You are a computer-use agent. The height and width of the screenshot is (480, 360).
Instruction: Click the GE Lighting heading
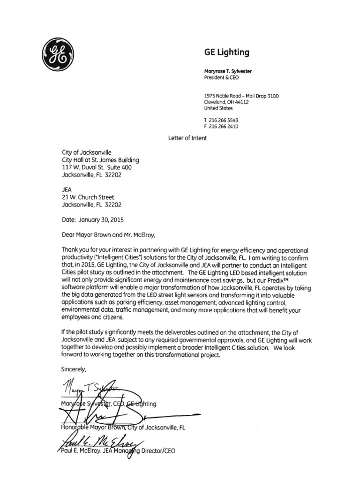[x=225, y=52]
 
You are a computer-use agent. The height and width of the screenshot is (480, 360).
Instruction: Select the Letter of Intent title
[x=187, y=138]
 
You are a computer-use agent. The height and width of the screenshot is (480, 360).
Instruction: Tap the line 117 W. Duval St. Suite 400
[x=101, y=167]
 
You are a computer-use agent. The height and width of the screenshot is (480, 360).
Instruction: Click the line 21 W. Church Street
[x=88, y=197]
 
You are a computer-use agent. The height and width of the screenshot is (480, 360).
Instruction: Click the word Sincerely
[x=75, y=368]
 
